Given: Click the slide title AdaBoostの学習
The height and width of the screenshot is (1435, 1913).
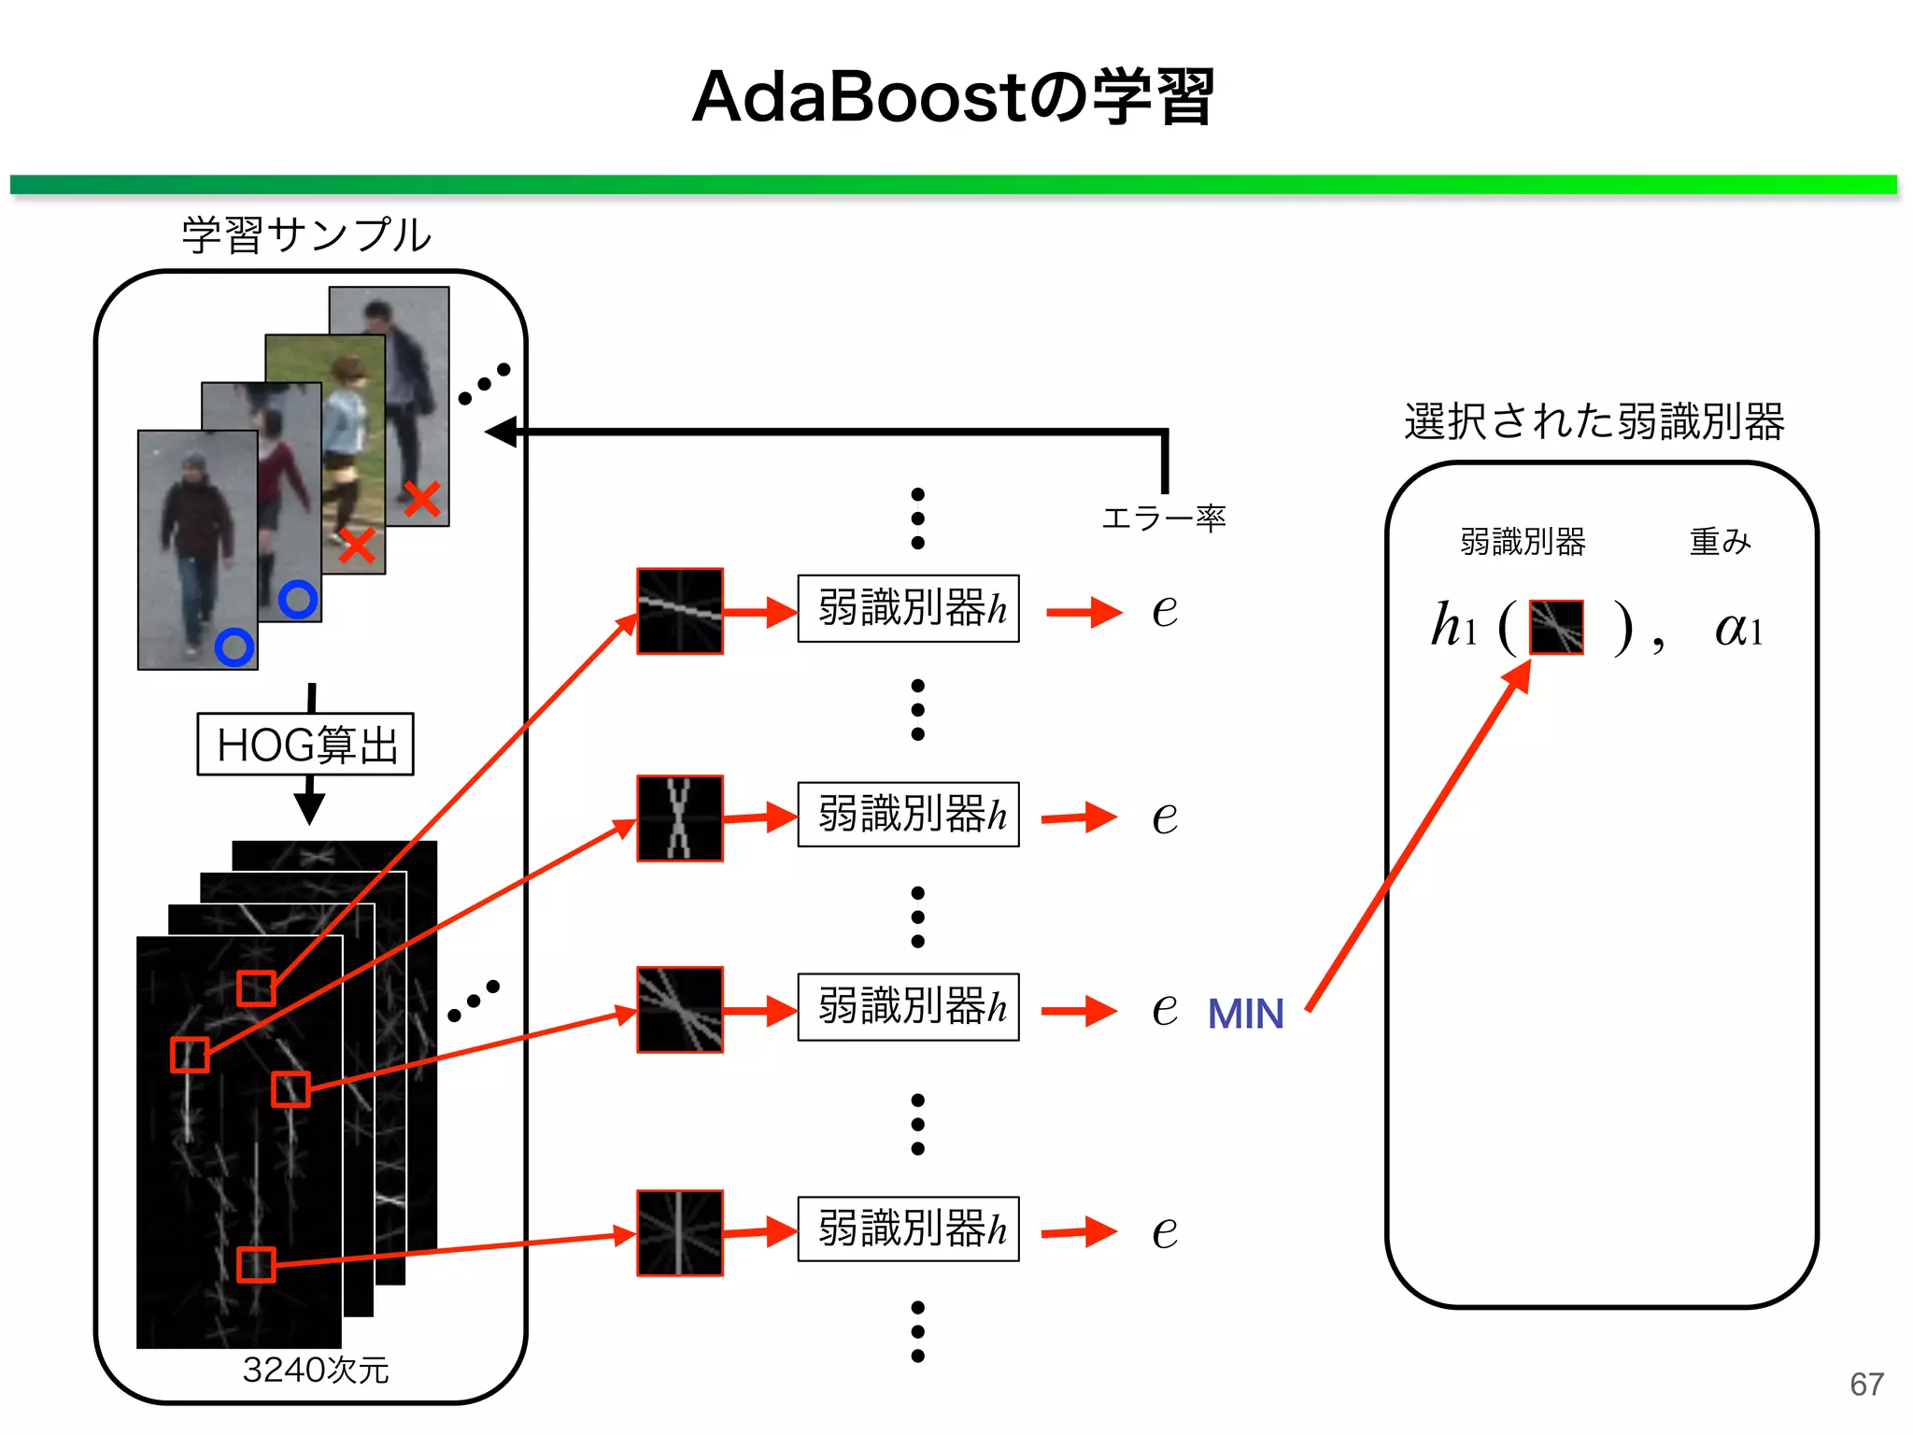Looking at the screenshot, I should coord(953,97).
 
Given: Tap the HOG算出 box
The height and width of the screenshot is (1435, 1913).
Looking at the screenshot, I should coord(305,745).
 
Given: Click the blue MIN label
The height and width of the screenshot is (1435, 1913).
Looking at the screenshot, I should coord(1245,1015).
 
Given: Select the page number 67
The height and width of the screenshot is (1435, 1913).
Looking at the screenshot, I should coord(1866,1384).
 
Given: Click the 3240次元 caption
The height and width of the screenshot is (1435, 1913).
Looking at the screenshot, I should coord(315,1370).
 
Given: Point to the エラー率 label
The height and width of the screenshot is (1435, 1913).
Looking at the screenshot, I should coord(1163,518).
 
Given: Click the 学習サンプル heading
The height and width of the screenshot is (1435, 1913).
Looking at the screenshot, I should coord(306,234).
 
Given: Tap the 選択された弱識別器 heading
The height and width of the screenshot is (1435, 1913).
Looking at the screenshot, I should coord(1594,421).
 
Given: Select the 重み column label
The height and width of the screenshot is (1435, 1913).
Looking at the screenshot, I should coord(1720,542).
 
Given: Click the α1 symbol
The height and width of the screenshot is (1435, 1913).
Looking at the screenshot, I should coord(1737,628).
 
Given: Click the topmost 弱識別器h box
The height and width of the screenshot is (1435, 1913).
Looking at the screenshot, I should coord(908,609).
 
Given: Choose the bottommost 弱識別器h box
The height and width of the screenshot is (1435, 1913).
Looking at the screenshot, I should coord(908,1229).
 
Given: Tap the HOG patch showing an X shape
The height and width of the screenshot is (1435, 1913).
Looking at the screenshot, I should coord(680,817).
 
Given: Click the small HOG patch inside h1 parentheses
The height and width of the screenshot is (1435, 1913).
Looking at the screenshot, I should coord(1556,627).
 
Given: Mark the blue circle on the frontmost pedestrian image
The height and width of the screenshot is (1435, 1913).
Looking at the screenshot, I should coord(234,646).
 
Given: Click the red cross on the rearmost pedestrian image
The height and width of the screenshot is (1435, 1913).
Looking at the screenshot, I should coord(422,499).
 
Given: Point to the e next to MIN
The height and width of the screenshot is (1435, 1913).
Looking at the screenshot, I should coord(1164,1010).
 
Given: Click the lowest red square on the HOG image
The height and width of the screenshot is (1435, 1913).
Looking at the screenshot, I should coord(255,1265).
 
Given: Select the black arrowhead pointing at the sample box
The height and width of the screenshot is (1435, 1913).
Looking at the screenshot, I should coord(503,432).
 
